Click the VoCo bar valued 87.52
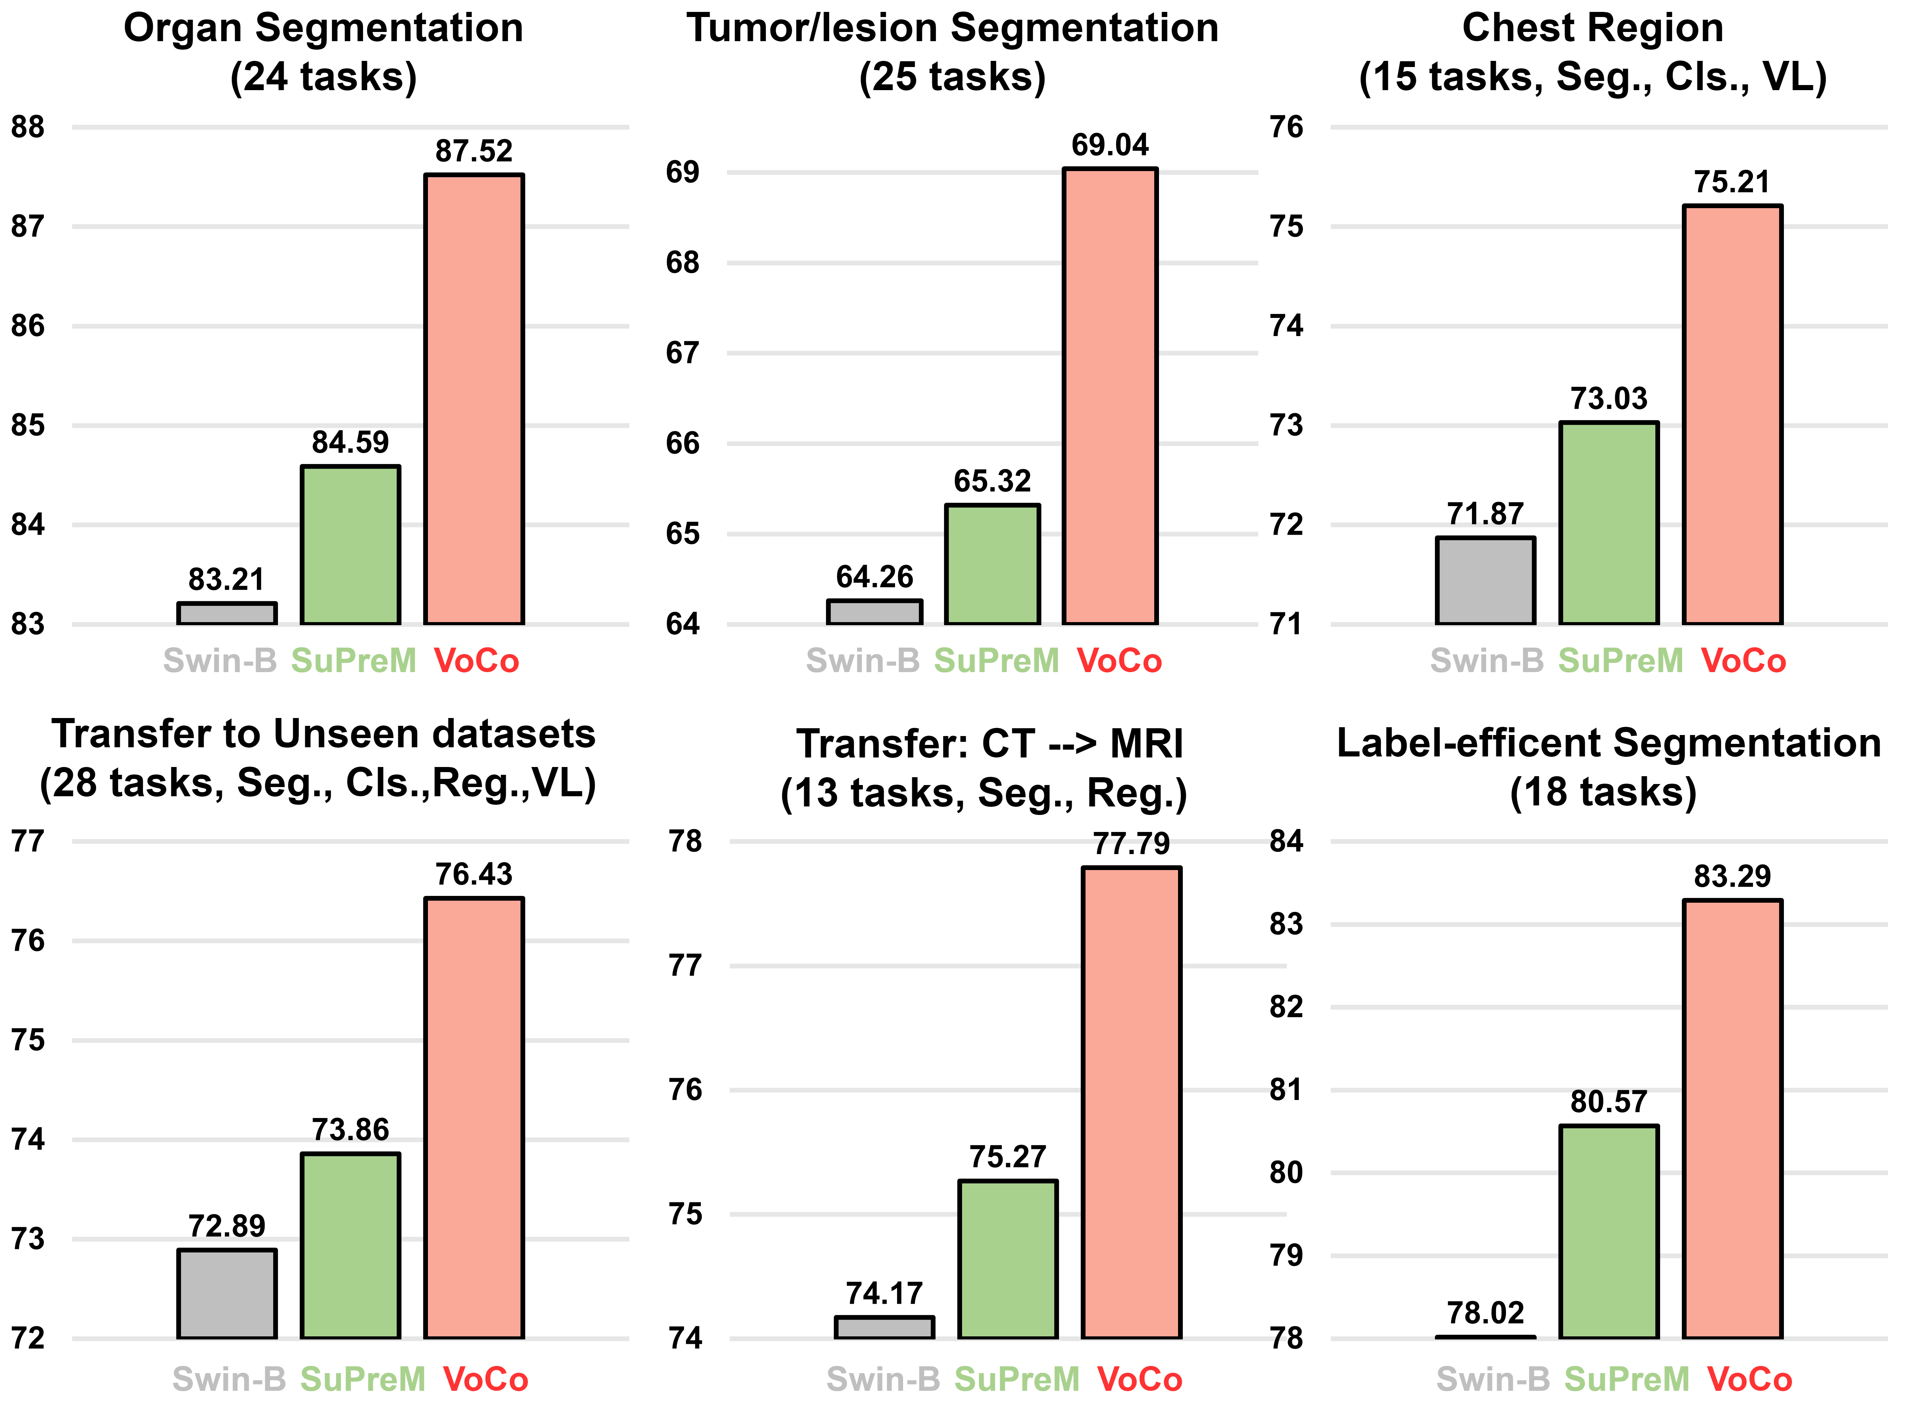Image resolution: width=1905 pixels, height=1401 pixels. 474,399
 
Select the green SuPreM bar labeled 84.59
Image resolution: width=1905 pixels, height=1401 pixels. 350,545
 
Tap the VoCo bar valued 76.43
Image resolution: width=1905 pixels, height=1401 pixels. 474,1118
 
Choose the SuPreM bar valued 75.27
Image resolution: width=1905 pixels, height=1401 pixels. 1008,1260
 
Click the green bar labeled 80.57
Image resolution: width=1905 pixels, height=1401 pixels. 1609,1231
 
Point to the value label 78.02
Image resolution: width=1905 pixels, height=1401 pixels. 1485,1313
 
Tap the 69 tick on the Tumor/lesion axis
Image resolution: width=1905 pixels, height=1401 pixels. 683,172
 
